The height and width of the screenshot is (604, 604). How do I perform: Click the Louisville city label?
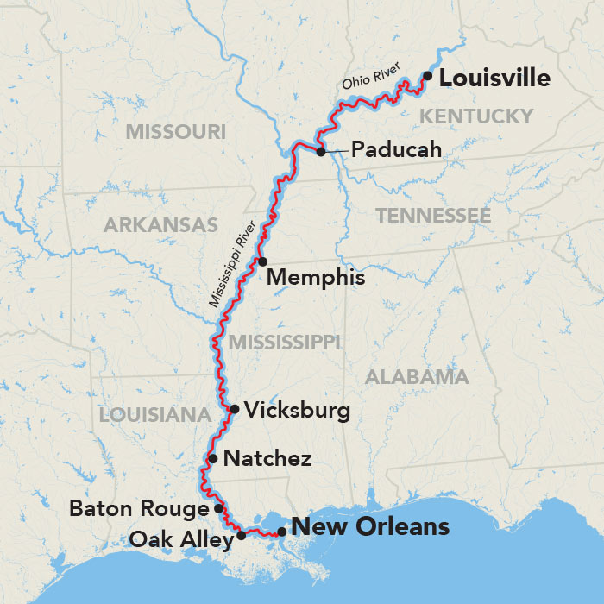pyautogui.click(x=494, y=79)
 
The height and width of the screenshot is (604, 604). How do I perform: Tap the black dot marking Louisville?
pyautogui.click(x=427, y=77)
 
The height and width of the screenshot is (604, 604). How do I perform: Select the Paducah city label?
pyautogui.click(x=397, y=151)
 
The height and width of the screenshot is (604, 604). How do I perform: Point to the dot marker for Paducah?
pyautogui.click(x=321, y=152)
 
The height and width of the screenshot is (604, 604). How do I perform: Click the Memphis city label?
pyautogui.click(x=316, y=279)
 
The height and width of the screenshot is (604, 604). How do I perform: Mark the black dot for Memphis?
pyautogui.click(x=262, y=261)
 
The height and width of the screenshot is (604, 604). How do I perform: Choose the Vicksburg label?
pyautogui.click(x=298, y=410)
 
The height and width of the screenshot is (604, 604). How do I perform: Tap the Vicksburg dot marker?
pyautogui.click(x=234, y=409)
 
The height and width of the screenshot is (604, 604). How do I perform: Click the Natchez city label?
pyautogui.click(x=267, y=459)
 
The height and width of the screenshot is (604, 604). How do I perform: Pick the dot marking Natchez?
pyautogui.click(x=213, y=458)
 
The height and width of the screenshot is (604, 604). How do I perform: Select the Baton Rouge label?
pyautogui.click(x=140, y=509)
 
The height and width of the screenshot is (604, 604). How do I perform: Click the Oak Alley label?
pyautogui.click(x=180, y=540)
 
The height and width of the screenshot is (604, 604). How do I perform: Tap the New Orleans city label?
pyautogui.click(x=370, y=526)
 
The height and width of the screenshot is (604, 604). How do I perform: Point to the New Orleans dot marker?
pyautogui.click(x=282, y=532)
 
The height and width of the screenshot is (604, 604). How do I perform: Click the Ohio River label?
pyautogui.click(x=374, y=78)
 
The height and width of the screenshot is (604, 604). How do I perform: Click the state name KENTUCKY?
pyautogui.click(x=475, y=116)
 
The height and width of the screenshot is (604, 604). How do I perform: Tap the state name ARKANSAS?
pyautogui.click(x=160, y=225)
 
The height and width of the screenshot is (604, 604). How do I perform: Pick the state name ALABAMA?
pyautogui.click(x=418, y=377)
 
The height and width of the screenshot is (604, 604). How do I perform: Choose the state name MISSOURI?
pyautogui.click(x=175, y=132)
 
